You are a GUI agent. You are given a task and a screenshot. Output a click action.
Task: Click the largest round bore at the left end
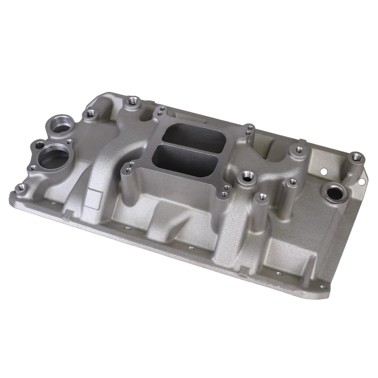[54, 156]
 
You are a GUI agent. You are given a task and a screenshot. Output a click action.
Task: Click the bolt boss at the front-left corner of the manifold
[19, 187]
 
